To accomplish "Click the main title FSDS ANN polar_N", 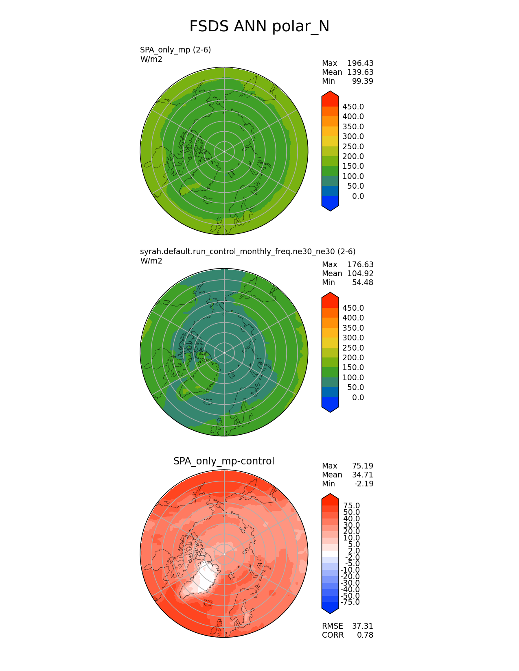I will pos(259,27).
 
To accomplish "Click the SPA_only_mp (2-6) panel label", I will pos(175,50).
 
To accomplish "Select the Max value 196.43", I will pos(360,63).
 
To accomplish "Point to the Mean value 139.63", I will pos(360,72).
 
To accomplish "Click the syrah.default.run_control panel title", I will pos(247,252).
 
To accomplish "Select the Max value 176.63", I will pos(360,265).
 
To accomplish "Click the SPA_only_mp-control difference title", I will pos(224,461).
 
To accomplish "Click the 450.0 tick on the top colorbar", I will pos(353,107).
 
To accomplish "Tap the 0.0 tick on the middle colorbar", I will pos(358,398).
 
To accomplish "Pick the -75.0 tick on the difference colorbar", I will pos(350,602).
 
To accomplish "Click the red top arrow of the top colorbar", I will pos(330,98).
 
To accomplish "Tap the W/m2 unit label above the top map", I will pos(151,59).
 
